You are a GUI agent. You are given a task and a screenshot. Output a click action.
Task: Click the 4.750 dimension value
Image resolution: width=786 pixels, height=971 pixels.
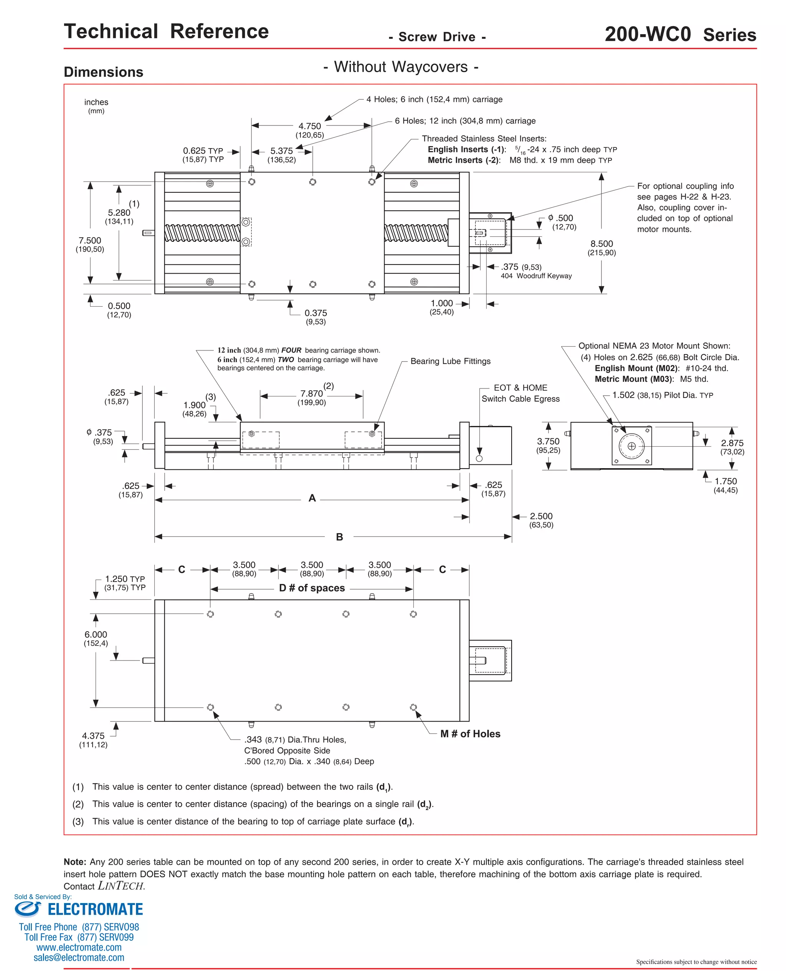pyautogui.click(x=309, y=126)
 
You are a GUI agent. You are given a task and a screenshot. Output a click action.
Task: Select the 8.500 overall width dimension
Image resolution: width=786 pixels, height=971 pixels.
pyautogui.click(x=601, y=244)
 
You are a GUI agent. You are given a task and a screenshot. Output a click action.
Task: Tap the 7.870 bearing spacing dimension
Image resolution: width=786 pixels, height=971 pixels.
pyautogui.click(x=312, y=394)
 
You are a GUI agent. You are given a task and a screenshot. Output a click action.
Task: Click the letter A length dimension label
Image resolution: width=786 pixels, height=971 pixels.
pyautogui.click(x=312, y=498)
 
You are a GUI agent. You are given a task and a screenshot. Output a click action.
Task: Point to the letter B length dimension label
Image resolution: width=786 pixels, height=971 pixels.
pyautogui.click(x=339, y=537)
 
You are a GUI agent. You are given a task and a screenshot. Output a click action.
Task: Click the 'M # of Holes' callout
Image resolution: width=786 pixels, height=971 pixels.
pyautogui.click(x=470, y=734)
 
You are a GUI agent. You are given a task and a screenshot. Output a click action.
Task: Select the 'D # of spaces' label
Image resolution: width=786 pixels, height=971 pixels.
pyautogui.click(x=312, y=588)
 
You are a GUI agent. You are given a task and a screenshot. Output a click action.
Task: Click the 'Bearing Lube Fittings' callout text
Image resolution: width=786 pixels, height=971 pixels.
pyautogui.click(x=450, y=361)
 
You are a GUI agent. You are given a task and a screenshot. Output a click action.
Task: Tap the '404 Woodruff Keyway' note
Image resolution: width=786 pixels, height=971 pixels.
pyautogui.click(x=536, y=276)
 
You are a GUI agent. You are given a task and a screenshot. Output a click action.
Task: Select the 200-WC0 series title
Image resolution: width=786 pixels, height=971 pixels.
pyautogui.click(x=680, y=35)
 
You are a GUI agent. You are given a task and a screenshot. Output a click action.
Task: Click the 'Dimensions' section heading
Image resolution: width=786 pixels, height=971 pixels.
pyautogui.click(x=104, y=72)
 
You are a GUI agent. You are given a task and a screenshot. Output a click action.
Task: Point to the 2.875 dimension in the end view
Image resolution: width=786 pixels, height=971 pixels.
pyautogui.click(x=732, y=443)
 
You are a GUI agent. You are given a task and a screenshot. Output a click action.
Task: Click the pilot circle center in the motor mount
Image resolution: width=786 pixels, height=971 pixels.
pyautogui.click(x=632, y=446)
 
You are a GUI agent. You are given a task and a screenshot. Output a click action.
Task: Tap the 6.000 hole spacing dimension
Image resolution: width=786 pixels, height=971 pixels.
pyautogui.click(x=96, y=635)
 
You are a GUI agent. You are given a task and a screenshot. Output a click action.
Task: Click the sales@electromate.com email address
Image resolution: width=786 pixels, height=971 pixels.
pyautogui.click(x=79, y=958)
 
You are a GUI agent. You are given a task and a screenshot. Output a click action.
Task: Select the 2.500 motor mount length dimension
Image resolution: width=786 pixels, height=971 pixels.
pyautogui.click(x=541, y=516)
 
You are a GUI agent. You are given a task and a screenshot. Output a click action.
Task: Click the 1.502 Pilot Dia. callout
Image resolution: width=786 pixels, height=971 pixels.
pyautogui.click(x=662, y=395)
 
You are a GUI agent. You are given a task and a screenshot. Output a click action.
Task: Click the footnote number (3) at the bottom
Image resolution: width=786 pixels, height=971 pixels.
pyautogui.click(x=78, y=821)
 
